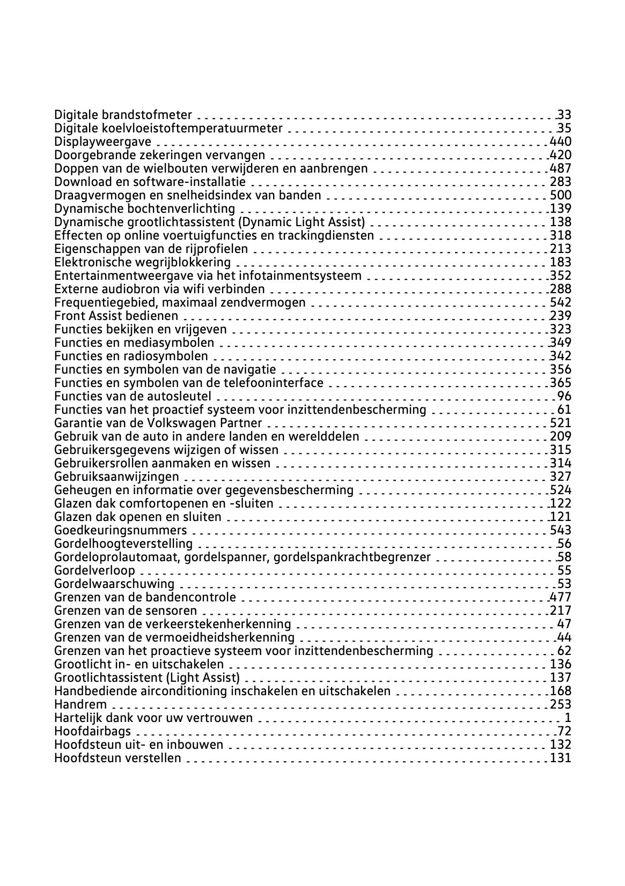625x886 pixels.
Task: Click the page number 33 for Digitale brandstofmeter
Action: (564, 115)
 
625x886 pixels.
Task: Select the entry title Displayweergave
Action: (102, 142)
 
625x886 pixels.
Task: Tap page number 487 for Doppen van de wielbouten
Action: (561, 168)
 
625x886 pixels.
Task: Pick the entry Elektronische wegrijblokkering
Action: (142, 262)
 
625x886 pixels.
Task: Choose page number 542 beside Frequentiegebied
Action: (561, 302)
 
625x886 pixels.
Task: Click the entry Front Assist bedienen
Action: (116, 316)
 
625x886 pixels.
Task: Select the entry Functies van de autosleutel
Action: (133, 396)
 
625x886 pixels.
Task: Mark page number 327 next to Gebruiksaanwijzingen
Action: (561, 476)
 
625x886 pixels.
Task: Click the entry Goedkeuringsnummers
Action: (120, 530)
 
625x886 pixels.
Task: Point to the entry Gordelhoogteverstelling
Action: (123, 543)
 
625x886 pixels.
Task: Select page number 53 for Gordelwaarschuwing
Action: (564, 584)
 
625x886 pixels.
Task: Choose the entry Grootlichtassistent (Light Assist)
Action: (146, 677)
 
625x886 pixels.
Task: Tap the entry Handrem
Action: (80, 704)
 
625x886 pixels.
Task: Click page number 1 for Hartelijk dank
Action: (568, 718)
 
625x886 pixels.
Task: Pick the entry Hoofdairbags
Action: (92, 731)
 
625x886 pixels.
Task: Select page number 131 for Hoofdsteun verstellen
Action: (561, 758)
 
